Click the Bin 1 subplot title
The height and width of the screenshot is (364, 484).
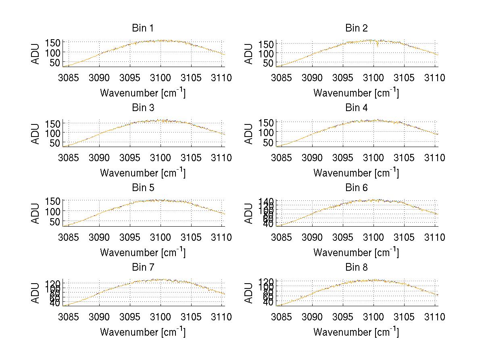tap(142, 28)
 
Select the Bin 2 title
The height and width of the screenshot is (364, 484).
tap(356, 28)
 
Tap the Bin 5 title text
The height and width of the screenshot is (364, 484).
tap(142, 187)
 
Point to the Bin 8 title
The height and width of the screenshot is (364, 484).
tap(356, 267)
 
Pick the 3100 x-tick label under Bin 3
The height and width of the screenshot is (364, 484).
tap(161, 158)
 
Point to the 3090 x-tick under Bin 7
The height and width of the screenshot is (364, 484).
tap(99, 317)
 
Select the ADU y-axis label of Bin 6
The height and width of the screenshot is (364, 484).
tap(249, 213)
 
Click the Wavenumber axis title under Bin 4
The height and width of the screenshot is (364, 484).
tap(356, 173)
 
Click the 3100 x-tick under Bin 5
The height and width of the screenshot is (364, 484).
tap(161, 237)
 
